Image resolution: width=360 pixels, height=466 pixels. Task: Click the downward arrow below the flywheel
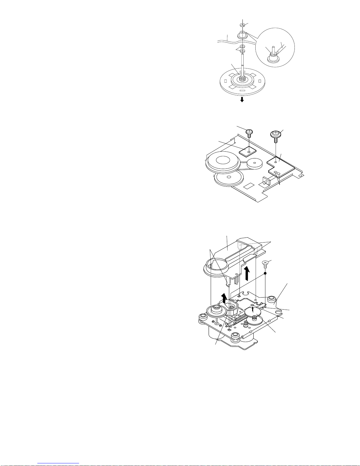(242, 100)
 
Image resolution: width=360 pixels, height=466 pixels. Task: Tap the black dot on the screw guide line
(265, 273)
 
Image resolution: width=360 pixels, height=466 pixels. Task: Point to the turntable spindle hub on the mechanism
(217, 310)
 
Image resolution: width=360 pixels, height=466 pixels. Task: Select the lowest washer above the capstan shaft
(242, 51)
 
